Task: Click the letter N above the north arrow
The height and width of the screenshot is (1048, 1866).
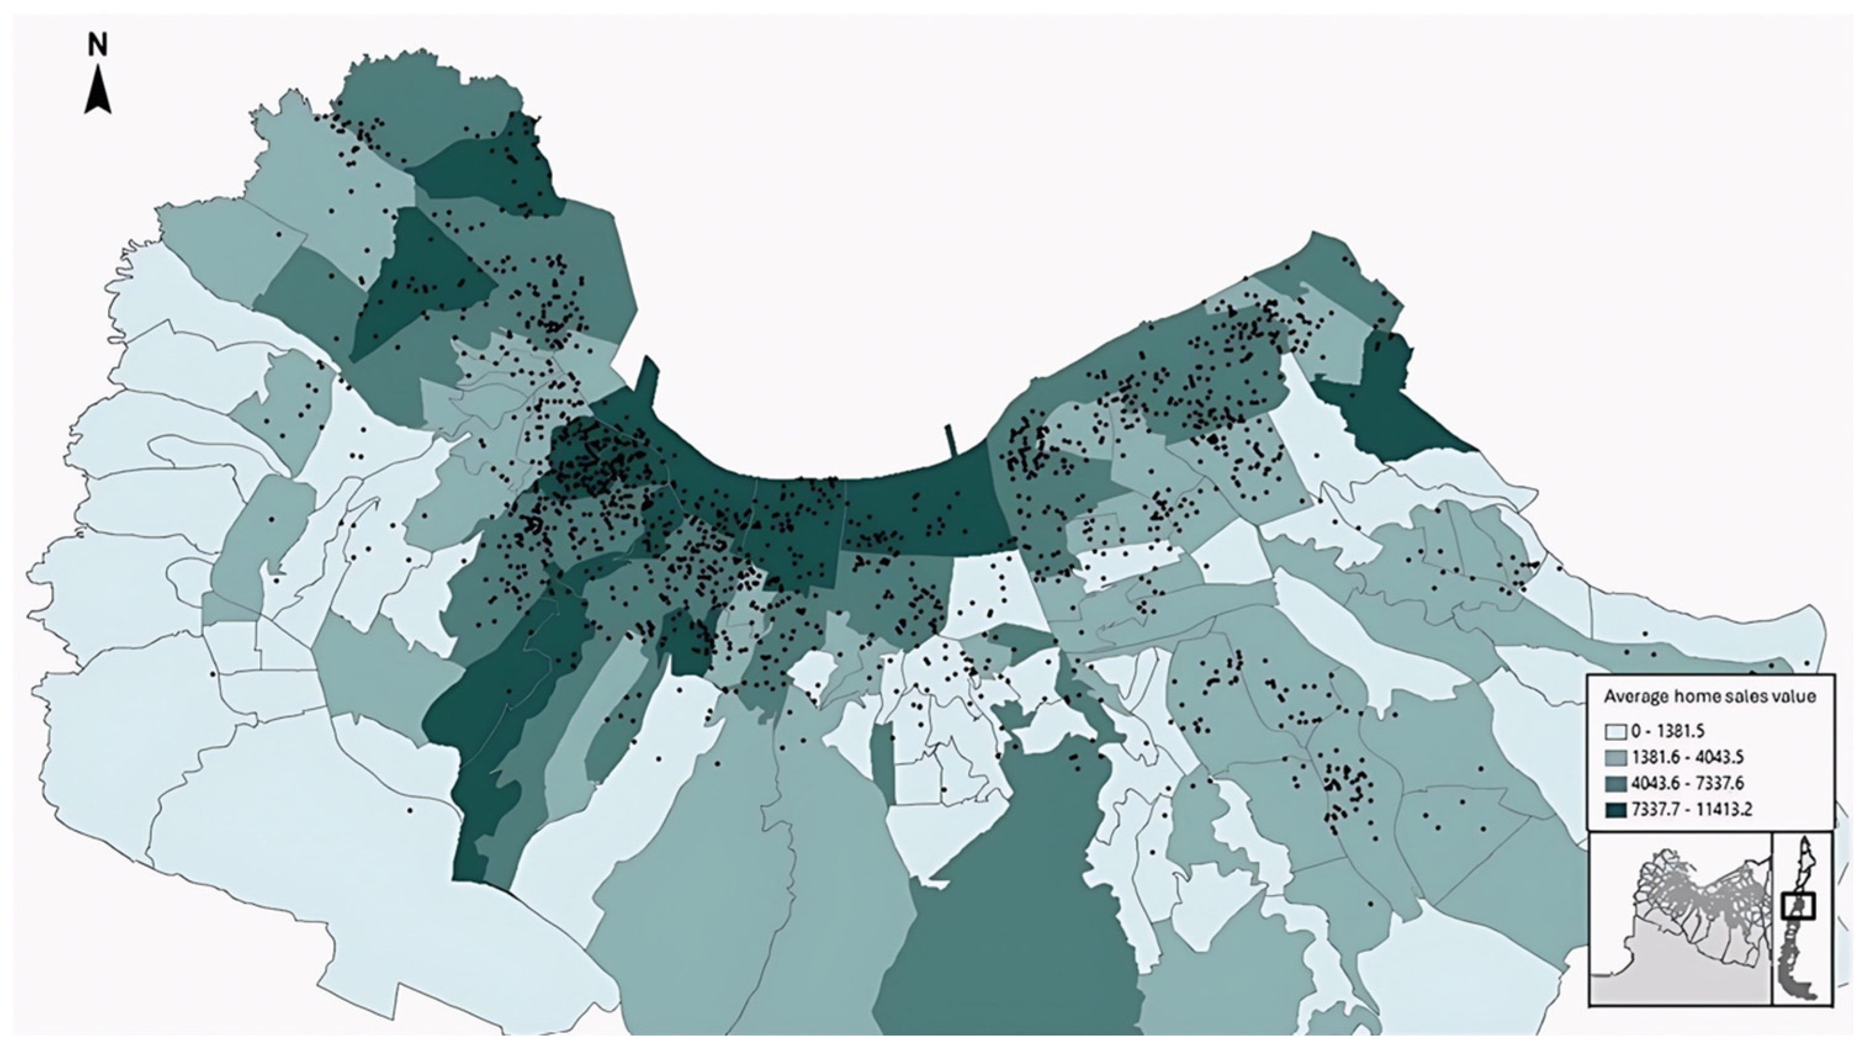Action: click(98, 46)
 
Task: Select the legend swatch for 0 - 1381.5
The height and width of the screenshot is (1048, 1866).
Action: click(1615, 731)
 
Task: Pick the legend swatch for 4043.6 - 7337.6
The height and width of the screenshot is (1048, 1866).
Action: click(1615, 784)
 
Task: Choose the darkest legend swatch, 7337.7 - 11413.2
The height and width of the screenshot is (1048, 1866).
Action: click(1615, 809)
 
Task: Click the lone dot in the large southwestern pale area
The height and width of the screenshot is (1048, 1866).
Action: click(409, 810)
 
